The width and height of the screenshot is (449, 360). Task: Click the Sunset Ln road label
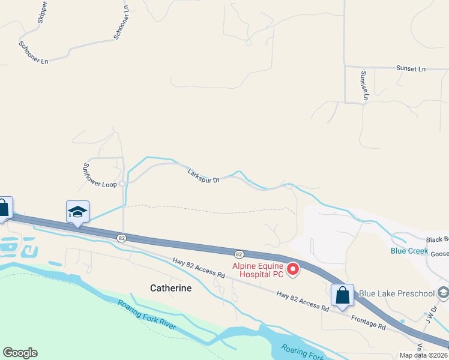pos(411,69)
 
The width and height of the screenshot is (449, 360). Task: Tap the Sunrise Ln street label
pos(364,85)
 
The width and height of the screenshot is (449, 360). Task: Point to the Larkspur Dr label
pos(203,175)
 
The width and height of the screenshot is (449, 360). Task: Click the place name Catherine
pos(170,288)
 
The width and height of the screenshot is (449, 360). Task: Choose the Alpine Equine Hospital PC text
pos(258,270)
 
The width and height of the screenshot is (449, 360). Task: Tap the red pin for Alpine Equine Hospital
pos(293,269)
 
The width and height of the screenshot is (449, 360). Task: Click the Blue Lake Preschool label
pos(396,293)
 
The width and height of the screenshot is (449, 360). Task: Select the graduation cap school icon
pos(77,212)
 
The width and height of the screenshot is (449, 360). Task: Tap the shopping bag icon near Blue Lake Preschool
pos(342,295)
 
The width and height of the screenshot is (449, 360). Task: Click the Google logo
pos(20,353)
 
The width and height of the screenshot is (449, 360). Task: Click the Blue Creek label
pos(409,251)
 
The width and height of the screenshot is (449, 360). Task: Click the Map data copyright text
pos(424,355)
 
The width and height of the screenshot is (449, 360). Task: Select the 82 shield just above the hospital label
pos(239,254)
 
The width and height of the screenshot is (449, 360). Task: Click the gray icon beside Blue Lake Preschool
pos(444,293)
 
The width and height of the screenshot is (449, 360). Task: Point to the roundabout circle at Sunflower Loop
pos(122,184)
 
